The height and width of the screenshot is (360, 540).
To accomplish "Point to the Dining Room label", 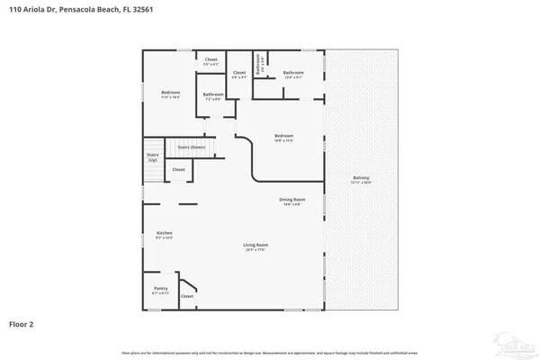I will pos(292,200).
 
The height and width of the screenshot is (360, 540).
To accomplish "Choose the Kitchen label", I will pos(164,233).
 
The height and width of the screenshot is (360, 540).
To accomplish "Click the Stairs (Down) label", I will pos(191,146).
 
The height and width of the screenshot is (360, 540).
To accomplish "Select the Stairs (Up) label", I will pos(153,157).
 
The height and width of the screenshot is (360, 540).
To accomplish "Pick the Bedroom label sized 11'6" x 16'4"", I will pos(171,94).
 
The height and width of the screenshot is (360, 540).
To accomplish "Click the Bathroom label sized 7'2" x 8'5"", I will pos(213,95).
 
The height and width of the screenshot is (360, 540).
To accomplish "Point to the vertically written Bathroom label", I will pos(257,65).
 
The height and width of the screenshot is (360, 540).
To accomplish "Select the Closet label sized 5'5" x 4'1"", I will pos(211,60).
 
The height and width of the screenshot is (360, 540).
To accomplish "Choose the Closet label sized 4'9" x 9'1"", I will pos(239,74).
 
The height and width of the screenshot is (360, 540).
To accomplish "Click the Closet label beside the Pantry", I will pos(187,296).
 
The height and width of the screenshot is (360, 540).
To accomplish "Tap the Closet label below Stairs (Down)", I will pos(179,169).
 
